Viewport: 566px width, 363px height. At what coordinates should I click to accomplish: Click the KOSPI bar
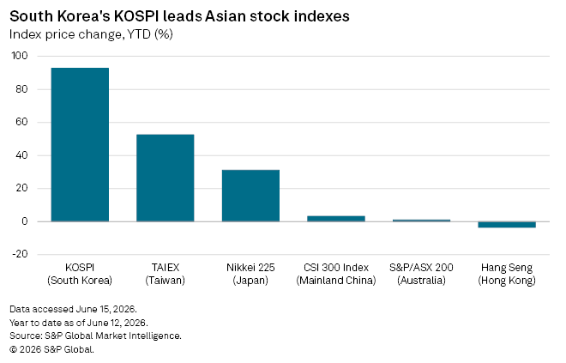(80, 144)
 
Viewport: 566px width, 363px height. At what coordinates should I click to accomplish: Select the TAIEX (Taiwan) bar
(165, 178)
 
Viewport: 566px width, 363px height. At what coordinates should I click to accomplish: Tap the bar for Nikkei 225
(250, 196)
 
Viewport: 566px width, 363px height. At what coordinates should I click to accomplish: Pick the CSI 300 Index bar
(336, 219)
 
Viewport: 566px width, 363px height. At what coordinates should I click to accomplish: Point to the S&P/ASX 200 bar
(421, 221)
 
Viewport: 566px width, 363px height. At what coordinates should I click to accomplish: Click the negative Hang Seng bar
(507, 225)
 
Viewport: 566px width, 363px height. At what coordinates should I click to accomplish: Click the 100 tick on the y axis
(20, 56)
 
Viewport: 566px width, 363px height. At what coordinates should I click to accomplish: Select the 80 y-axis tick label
(21, 89)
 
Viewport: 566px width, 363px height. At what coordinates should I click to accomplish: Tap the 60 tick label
(21, 122)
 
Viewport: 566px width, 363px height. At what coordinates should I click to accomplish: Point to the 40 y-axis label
(21, 155)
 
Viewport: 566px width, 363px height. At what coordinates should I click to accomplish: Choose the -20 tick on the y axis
(20, 254)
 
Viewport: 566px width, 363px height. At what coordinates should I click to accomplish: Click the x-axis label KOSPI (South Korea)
(80, 274)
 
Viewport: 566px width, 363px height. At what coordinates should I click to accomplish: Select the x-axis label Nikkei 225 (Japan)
(250, 274)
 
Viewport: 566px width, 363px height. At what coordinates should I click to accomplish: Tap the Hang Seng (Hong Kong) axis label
(507, 274)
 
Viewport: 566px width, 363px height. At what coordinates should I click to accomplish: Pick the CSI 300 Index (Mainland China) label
(336, 274)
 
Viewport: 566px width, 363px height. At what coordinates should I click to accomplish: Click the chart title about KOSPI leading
(179, 16)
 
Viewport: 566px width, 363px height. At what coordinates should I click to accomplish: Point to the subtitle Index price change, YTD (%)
(91, 34)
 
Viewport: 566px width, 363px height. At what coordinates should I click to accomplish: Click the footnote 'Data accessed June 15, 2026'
(73, 309)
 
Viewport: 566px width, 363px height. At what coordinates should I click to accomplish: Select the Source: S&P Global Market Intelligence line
(95, 336)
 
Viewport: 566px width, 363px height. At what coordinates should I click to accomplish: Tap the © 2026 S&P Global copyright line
(51, 349)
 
